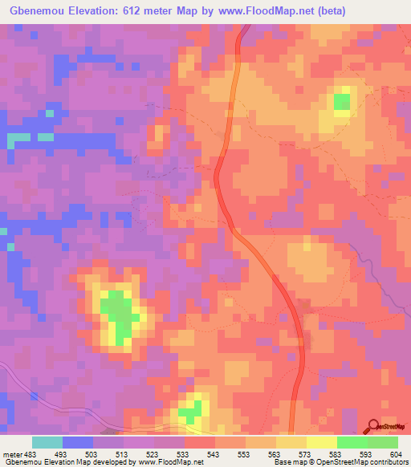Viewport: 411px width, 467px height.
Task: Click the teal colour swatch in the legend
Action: coord(47,442)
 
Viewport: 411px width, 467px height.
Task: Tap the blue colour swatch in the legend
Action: coord(78,442)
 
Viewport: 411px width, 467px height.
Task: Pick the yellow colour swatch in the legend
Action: coord(322,442)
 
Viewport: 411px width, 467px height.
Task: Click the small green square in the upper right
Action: coord(342,102)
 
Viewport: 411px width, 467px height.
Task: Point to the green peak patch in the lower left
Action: coord(120,316)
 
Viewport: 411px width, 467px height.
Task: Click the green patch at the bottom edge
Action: coord(190,412)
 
